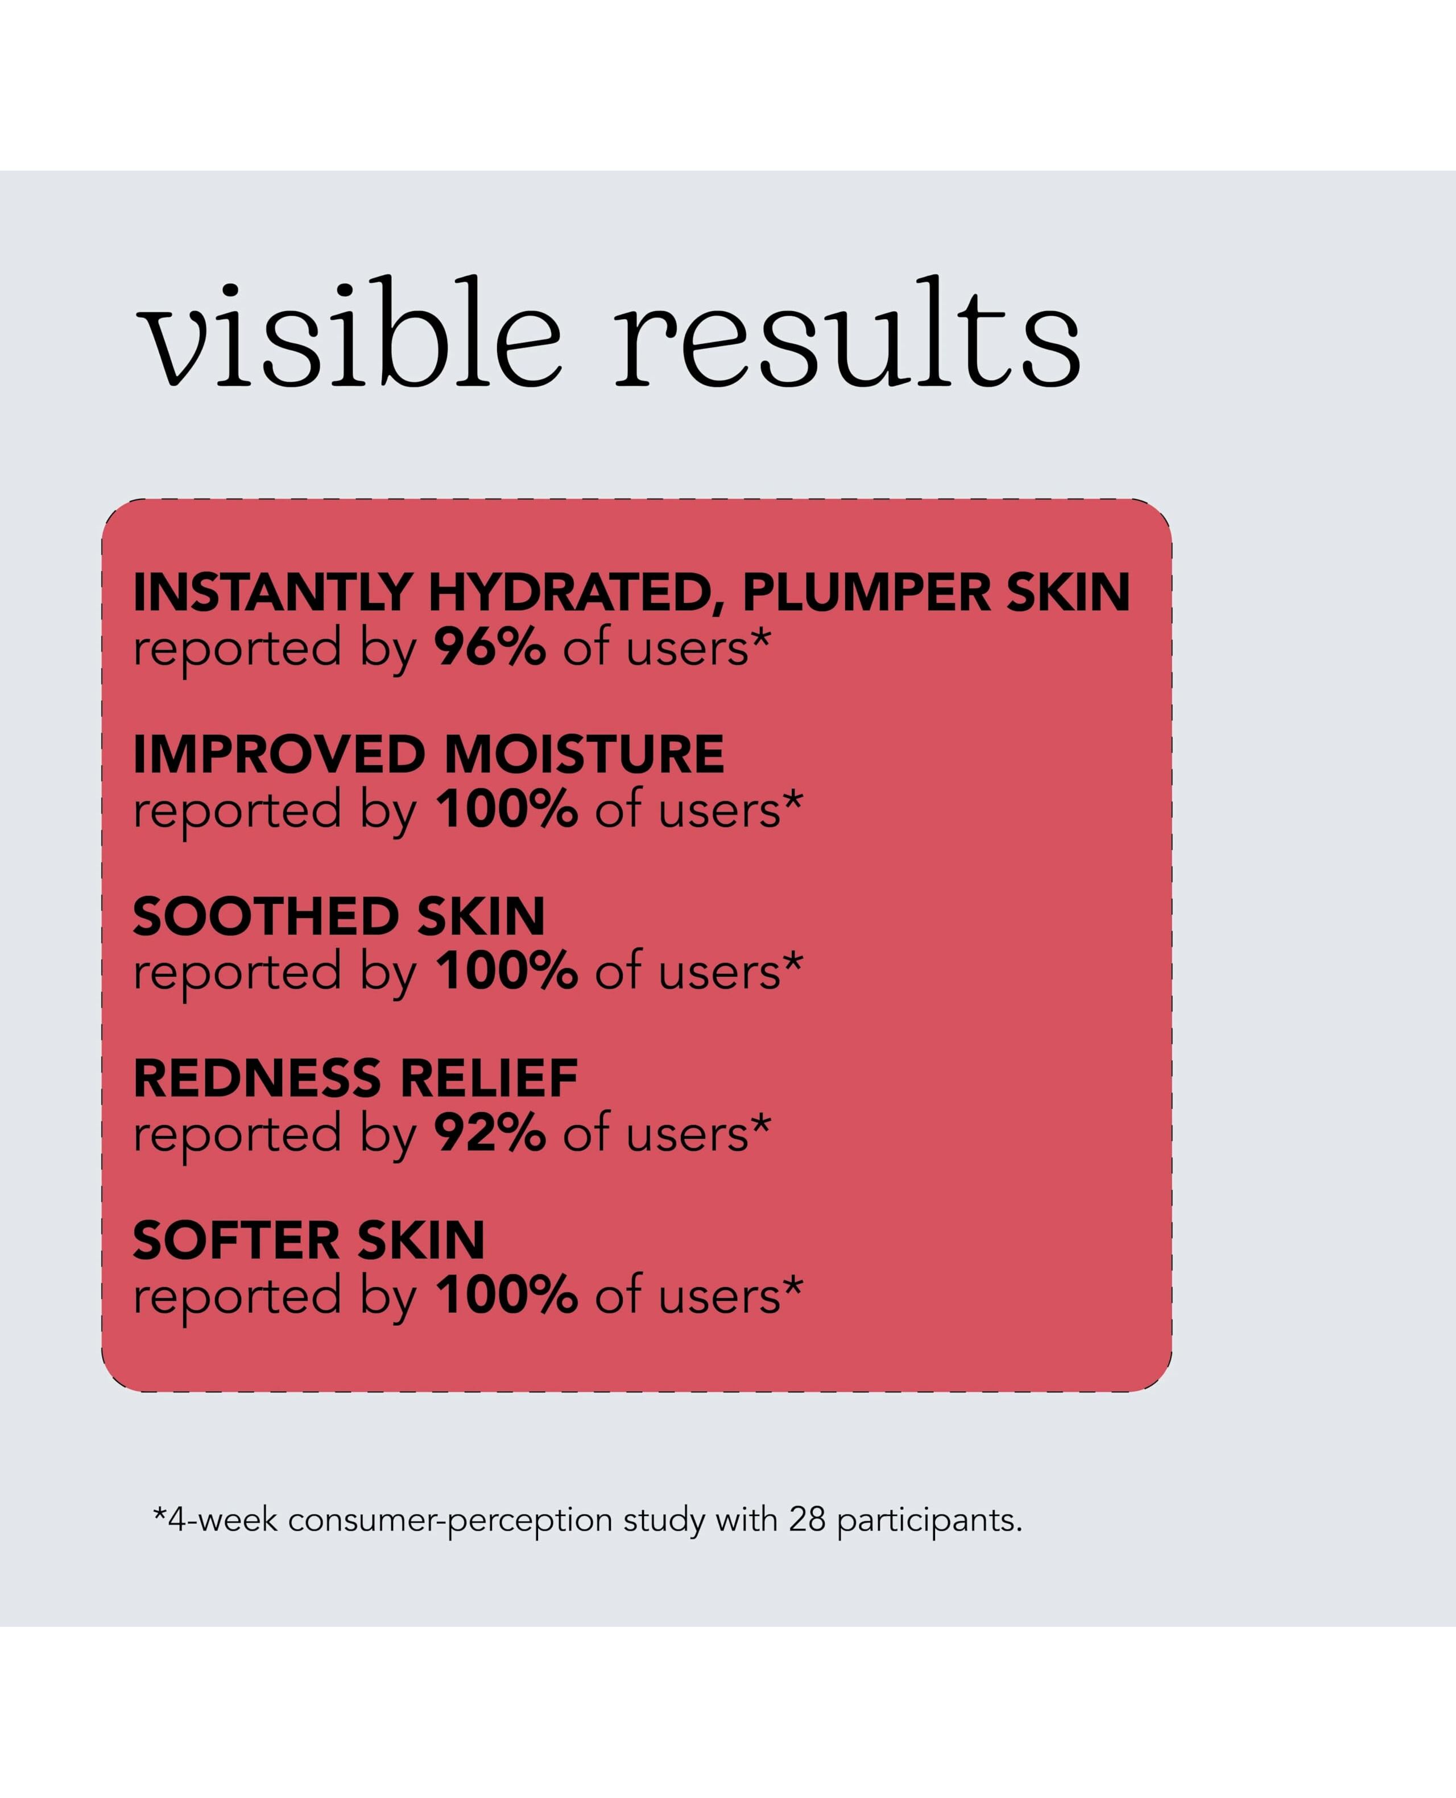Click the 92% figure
click(490, 1133)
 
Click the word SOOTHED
click(265, 916)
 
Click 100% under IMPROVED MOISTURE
click(507, 809)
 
